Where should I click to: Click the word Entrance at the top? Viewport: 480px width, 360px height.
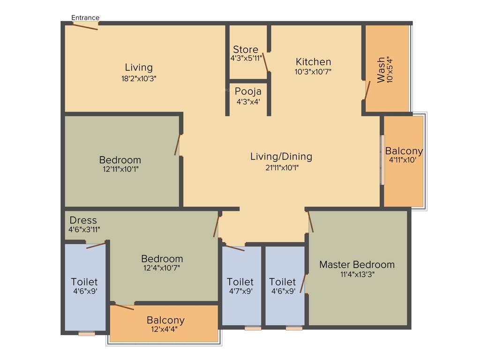click(85, 18)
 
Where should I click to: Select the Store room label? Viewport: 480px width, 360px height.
click(246, 50)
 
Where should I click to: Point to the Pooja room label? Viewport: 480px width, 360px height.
click(248, 91)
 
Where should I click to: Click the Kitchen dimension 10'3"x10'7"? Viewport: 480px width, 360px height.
click(313, 72)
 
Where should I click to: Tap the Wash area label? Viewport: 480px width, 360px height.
click(381, 70)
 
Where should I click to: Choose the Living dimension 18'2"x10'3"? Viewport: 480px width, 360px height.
click(138, 78)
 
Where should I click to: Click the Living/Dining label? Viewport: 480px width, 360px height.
click(281, 157)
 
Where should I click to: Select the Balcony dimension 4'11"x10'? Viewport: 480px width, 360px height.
click(404, 160)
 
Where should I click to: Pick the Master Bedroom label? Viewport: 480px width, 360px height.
click(357, 264)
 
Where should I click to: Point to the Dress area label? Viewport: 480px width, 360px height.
click(83, 220)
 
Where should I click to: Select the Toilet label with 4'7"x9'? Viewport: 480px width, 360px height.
click(240, 282)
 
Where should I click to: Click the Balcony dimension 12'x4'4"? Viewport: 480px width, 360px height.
click(165, 330)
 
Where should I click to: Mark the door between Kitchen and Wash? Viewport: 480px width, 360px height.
click(367, 90)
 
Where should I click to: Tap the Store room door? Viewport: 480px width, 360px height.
click(266, 62)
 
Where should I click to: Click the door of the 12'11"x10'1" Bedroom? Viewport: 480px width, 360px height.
click(177, 145)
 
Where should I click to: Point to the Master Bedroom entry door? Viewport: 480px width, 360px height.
click(310, 222)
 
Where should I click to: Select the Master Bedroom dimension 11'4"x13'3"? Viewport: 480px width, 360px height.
click(357, 274)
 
